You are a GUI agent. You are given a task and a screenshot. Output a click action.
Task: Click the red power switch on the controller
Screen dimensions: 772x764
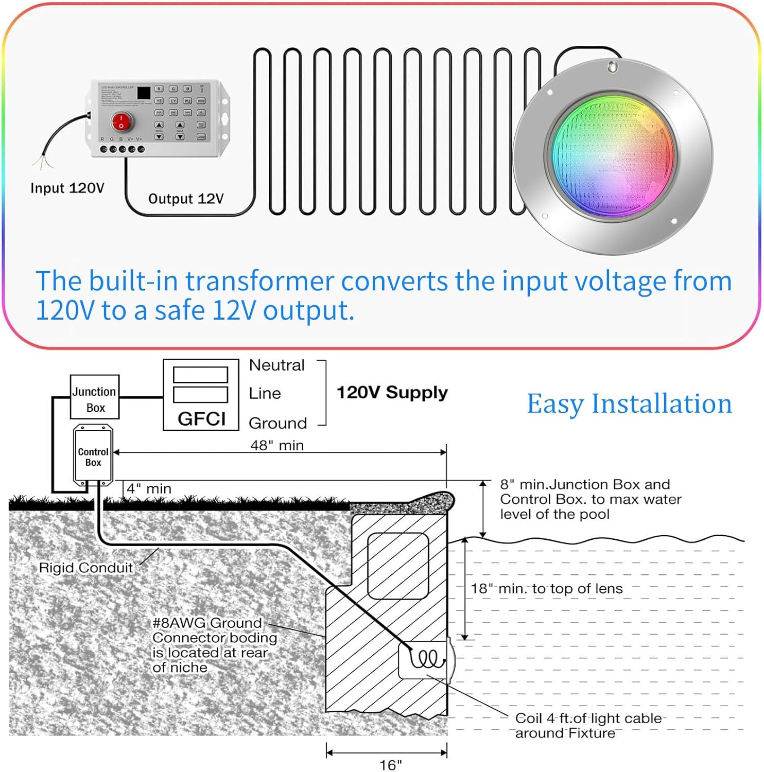pos(122,122)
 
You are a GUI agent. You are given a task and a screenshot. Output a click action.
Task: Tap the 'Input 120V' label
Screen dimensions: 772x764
pos(67,188)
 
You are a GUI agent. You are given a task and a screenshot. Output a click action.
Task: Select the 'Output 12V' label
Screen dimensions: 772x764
pos(186,199)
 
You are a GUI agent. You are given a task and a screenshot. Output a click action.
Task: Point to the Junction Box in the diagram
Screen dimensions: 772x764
pos(95,397)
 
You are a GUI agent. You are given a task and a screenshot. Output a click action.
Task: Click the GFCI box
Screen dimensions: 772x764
pos(201,395)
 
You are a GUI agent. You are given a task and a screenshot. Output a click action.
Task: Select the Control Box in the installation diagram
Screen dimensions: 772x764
pos(93,455)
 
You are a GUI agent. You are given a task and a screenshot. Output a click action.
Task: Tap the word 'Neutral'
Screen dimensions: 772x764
pos(276,365)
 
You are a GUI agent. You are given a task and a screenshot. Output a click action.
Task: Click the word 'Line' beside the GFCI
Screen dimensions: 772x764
pos(265,393)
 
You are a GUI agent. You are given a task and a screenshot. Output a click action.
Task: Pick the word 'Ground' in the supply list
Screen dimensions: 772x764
pos(277,423)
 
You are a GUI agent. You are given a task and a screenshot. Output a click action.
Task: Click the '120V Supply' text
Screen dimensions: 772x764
pos(392,392)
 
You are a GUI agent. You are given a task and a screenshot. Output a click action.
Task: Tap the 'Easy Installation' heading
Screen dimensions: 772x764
pos(629,403)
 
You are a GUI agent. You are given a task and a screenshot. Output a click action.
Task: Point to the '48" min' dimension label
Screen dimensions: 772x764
pos(277,445)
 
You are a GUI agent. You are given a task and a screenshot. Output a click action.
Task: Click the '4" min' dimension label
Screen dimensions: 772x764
pos(149,488)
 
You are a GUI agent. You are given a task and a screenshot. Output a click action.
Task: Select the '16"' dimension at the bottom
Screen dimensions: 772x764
pos(390,764)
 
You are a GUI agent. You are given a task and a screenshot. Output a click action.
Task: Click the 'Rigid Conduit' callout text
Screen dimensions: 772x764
pos(86,568)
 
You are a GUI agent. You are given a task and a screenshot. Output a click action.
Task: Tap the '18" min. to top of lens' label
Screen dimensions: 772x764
pos(547,588)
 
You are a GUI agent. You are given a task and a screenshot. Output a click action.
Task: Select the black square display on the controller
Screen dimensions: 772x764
pos(144,93)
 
